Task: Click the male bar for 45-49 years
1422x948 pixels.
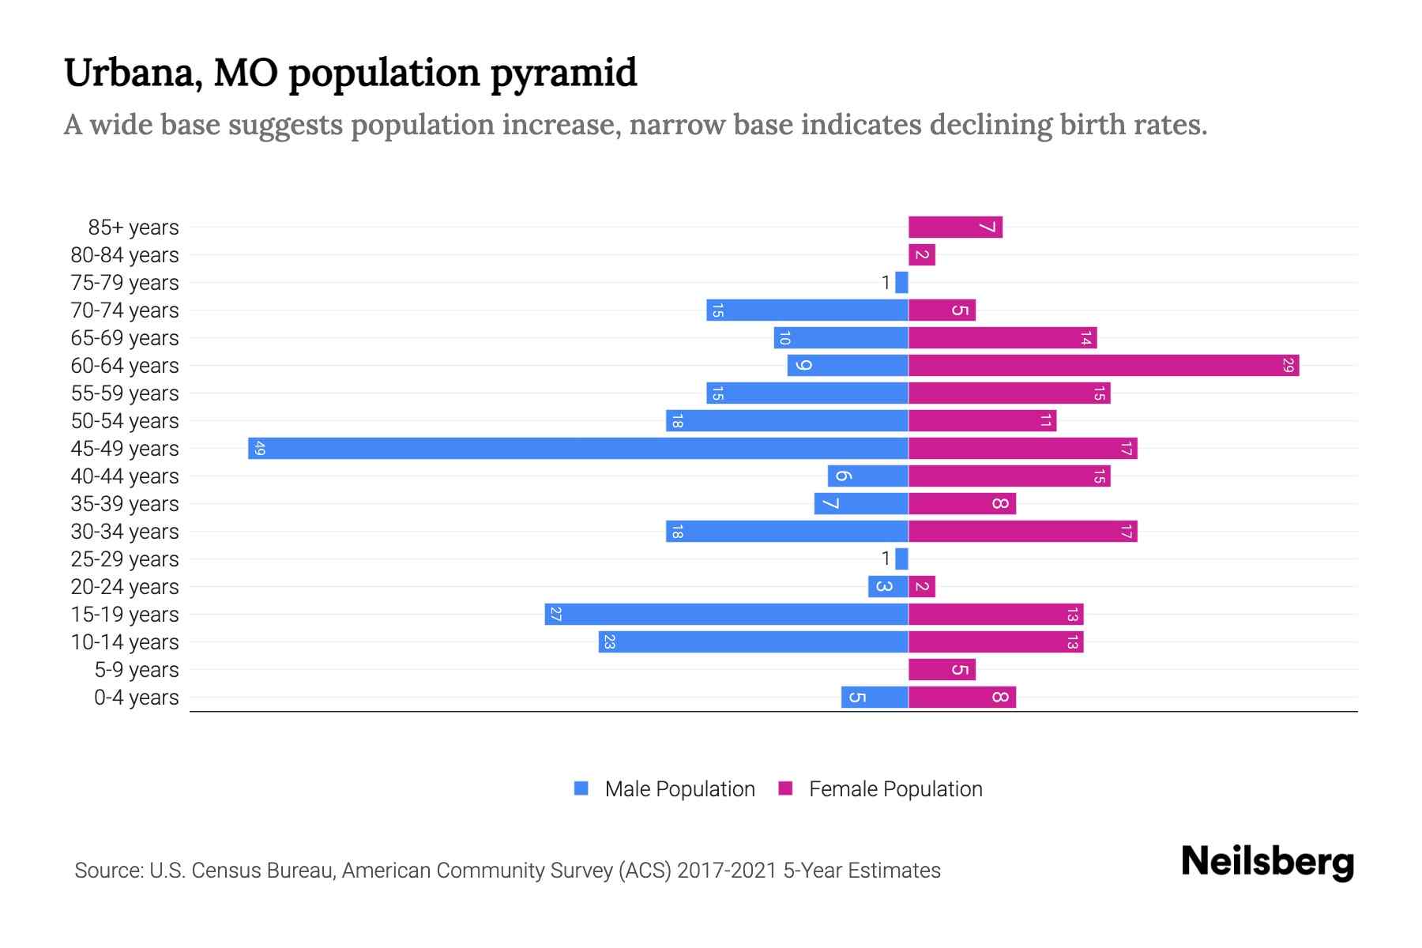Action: [577, 448]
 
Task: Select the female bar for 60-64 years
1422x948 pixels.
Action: [1103, 365]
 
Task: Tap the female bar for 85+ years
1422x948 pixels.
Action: [955, 227]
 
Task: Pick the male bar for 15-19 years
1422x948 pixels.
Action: [726, 614]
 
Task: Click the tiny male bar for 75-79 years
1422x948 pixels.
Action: [901, 282]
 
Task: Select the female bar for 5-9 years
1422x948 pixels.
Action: [942, 669]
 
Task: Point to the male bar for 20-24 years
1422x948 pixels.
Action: [888, 586]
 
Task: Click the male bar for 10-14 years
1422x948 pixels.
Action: [753, 641]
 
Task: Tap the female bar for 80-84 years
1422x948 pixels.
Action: [922, 254]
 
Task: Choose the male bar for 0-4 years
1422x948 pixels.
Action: [875, 697]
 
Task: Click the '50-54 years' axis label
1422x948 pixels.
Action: [125, 420]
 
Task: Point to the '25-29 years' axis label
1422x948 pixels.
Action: [125, 559]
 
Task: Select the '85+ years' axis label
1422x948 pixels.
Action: [134, 227]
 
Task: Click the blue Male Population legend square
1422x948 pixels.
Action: [581, 788]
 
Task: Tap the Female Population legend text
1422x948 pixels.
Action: [895, 788]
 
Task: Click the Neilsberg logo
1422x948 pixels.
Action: [1267, 862]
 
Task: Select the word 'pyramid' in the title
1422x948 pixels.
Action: [563, 73]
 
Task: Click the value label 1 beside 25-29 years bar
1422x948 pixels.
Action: [886, 559]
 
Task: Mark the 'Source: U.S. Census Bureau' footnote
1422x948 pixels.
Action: [507, 870]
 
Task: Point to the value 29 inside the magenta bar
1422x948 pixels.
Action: [1288, 365]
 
